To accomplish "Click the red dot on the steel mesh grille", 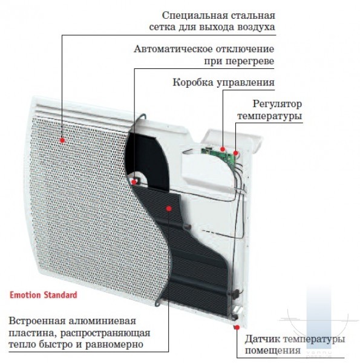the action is [x=62, y=140].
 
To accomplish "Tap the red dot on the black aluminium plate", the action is [x=169, y=209].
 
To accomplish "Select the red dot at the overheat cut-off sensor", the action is [x=134, y=182].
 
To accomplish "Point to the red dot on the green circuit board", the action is [x=223, y=149].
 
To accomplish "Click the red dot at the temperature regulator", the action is [x=236, y=153].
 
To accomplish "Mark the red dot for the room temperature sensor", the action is [x=237, y=327].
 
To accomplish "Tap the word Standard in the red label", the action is [x=60, y=295].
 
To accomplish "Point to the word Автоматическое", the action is [x=173, y=49].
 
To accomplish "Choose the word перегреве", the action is [x=250, y=61].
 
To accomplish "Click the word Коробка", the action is [x=192, y=82].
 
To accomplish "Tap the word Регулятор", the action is [x=277, y=104].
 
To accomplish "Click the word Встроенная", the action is [x=38, y=321].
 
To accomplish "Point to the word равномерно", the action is [x=114, y=345].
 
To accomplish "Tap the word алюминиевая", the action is [x=103, y=321].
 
